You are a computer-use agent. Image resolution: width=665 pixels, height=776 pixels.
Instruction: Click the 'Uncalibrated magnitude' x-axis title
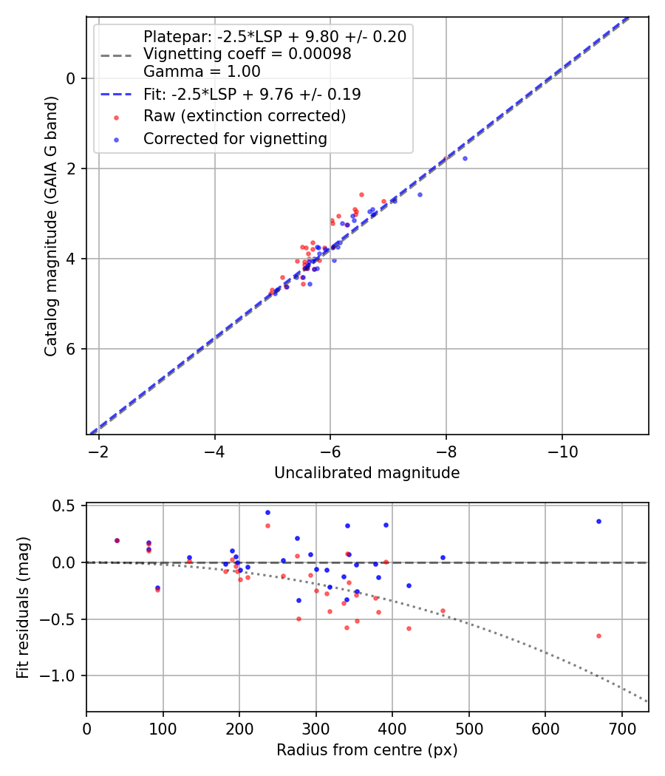366,473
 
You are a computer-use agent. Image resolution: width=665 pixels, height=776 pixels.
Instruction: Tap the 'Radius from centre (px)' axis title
366,750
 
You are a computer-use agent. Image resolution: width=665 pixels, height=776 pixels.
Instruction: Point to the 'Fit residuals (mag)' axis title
24,607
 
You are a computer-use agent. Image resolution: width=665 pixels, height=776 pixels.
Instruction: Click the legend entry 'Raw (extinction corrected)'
245,116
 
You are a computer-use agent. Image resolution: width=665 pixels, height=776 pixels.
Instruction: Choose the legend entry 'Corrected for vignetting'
235,139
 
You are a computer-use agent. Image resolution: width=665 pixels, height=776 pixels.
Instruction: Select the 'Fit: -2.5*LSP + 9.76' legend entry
251,95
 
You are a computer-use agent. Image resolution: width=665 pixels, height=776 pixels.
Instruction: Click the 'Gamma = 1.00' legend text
202,72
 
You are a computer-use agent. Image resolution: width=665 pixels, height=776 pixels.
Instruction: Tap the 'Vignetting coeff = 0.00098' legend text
247,54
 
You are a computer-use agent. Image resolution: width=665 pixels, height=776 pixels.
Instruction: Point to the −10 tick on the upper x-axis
562,451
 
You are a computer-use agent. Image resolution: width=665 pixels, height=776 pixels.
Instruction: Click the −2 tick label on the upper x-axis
99,451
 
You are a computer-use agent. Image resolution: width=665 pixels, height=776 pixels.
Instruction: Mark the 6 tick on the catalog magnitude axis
72,349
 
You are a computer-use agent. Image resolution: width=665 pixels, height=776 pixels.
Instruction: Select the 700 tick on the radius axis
621,728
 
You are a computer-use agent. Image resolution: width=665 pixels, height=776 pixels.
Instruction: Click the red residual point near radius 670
598,636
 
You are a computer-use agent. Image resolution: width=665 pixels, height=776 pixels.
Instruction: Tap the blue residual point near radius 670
598,521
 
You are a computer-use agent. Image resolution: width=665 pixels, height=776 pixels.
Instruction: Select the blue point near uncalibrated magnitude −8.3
465,158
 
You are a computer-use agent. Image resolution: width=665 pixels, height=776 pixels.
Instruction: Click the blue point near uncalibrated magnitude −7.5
420,194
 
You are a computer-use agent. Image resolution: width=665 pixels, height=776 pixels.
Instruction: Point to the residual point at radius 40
117,540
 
